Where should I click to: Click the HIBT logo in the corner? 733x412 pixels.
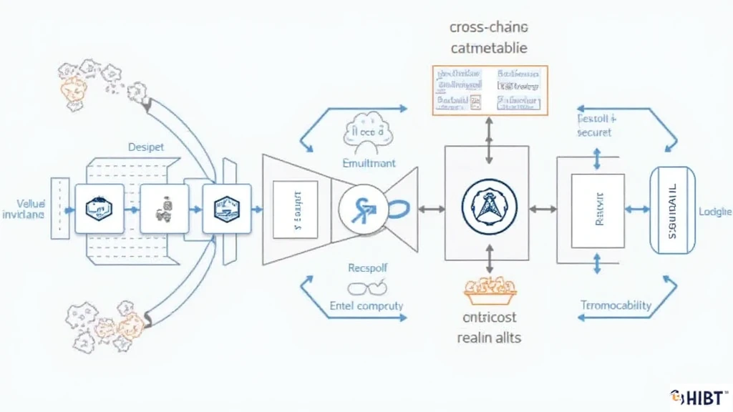pyautogui.click(x=699, y=396)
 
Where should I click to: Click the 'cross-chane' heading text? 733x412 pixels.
pyautogui.click(x=489, y=27)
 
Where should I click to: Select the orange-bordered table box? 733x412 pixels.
pyautogui.click(x=490, y=90)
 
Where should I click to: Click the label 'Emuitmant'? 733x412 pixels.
pyautogui.click(x=368, y=163)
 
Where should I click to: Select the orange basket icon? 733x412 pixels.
pyautogui.click(x=489, y=286)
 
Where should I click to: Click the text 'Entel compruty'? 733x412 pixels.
pyautogui.click(x=366, y=305)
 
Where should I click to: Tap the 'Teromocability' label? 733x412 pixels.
pyautogui.click(x=615, y=305)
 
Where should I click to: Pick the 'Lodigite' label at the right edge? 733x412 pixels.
pyautogui.click(x=714, y=212)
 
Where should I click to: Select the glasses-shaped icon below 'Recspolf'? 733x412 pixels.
pyautogui.click(x=366, y=288)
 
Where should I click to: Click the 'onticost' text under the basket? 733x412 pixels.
pyautogui.click(x=489, y=317)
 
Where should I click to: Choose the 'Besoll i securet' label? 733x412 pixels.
pyautogui.click(x=596, y=126)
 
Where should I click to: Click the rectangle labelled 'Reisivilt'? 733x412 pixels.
pyautogui.click(x=596, y=210)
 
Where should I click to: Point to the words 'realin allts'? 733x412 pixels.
pyautogui.click(x=489, y=338)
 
